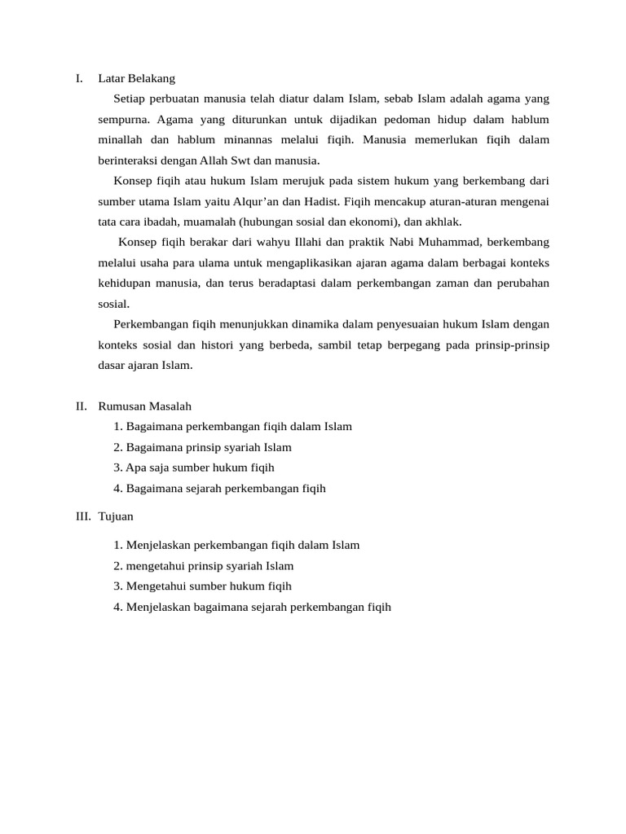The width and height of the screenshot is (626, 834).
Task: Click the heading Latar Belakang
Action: [x=136, y=79]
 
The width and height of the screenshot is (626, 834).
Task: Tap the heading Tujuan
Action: [x=116, y=516]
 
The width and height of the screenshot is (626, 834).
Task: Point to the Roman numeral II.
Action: [x=81, y=406]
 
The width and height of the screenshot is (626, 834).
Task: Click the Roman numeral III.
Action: [x=82, y=516]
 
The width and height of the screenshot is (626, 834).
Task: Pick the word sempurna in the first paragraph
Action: [x=124, y=120]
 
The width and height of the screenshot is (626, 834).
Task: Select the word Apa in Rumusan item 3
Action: [x=134, y=467]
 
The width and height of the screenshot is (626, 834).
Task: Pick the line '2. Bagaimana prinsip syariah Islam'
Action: [x=202, y=447]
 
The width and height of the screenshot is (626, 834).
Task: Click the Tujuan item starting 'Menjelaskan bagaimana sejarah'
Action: [x=253, y=607]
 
